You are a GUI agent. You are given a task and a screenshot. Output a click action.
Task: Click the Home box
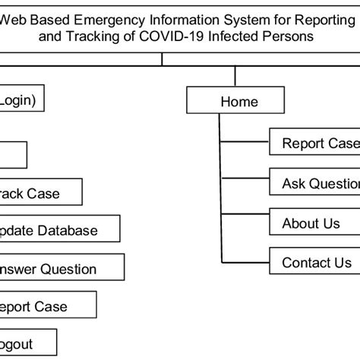click(x=238, y=101)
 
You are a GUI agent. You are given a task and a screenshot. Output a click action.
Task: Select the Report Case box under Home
click(x=314, y=143)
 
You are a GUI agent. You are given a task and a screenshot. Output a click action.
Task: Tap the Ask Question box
click(x=314, y=183)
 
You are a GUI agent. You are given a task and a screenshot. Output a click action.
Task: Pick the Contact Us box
click(x=314, y=263)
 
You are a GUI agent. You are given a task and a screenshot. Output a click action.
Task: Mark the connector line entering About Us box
click(x=244, y=223)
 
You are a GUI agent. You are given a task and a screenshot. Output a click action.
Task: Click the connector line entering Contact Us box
click(x=244, y=263)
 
